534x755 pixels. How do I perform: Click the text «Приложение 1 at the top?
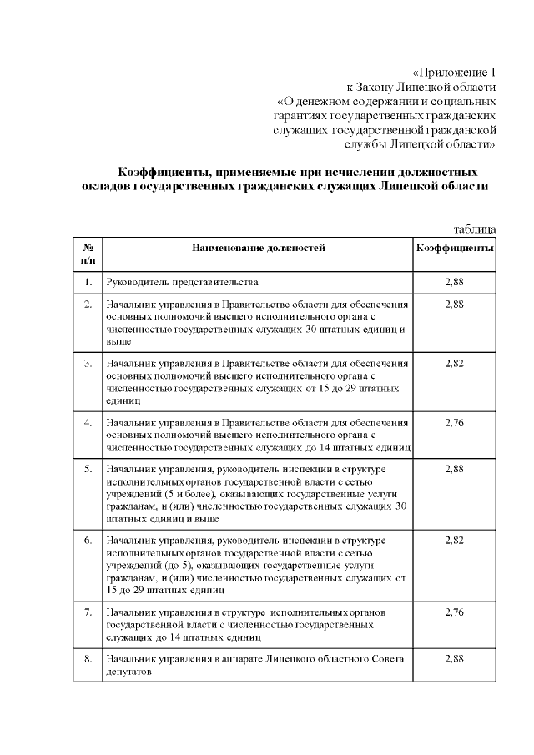point(455,71)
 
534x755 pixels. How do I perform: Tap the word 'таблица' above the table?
point(476,229)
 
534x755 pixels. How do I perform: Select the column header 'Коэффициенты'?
point(455,248)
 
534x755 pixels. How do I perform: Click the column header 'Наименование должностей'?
point(258,248)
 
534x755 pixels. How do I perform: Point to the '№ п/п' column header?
point(88,254)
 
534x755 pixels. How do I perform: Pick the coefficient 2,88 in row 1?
point(455,283)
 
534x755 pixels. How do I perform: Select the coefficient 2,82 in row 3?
point(455,364)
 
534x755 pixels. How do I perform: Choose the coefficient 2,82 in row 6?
point(455,541)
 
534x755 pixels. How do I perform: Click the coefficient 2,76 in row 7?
point(455,612)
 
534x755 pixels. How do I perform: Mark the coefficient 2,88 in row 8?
point(455,659)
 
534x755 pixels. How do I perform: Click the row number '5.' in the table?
point(88,470)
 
